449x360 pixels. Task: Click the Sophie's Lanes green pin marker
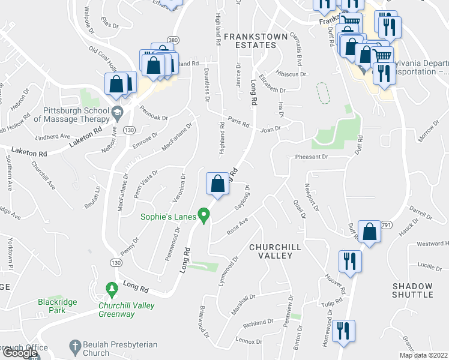click(205, 215)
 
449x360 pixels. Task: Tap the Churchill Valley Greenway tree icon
click(111, 290)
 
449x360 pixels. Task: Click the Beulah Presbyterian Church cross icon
click(74, 346)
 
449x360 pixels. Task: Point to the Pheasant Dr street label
click(312, 157)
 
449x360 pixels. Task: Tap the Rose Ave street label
click(237, 227)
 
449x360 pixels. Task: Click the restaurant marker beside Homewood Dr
click(343, 331)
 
